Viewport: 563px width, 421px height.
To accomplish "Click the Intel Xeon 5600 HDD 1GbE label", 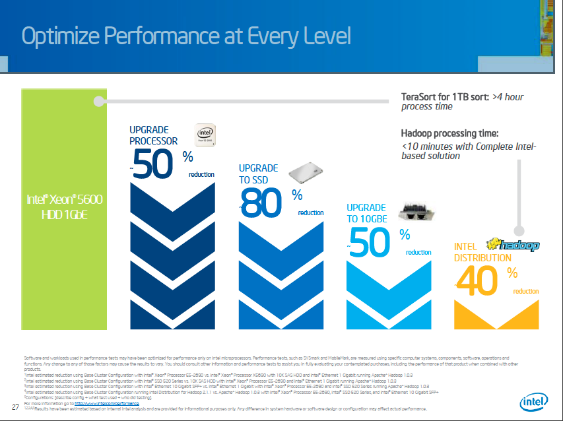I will pyautogui.click(x=65, y=206).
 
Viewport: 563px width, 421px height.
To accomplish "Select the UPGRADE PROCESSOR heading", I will pyautogui.click(x=153, y=135).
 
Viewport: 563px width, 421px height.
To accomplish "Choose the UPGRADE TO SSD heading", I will pyautogui.click(x=258, y=174).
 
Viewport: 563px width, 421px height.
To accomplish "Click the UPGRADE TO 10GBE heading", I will pyautogui.click(x=366, y=213).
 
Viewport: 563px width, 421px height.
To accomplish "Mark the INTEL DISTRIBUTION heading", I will pyautogui.click(x=482, y=253).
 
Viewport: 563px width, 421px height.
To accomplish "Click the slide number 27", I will pyautogui.click(x=15, y=406).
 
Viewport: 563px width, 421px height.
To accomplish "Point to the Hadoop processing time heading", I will pyautogui.click(x=449, y=133).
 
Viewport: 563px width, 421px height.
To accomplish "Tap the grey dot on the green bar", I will pyautogui.click(x=99, y=101).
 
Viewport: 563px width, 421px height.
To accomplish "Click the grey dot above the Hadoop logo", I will pyautogui.click(x=519, y=231).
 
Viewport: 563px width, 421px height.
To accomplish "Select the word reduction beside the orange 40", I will pyautogui.click(x=526, y=291).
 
